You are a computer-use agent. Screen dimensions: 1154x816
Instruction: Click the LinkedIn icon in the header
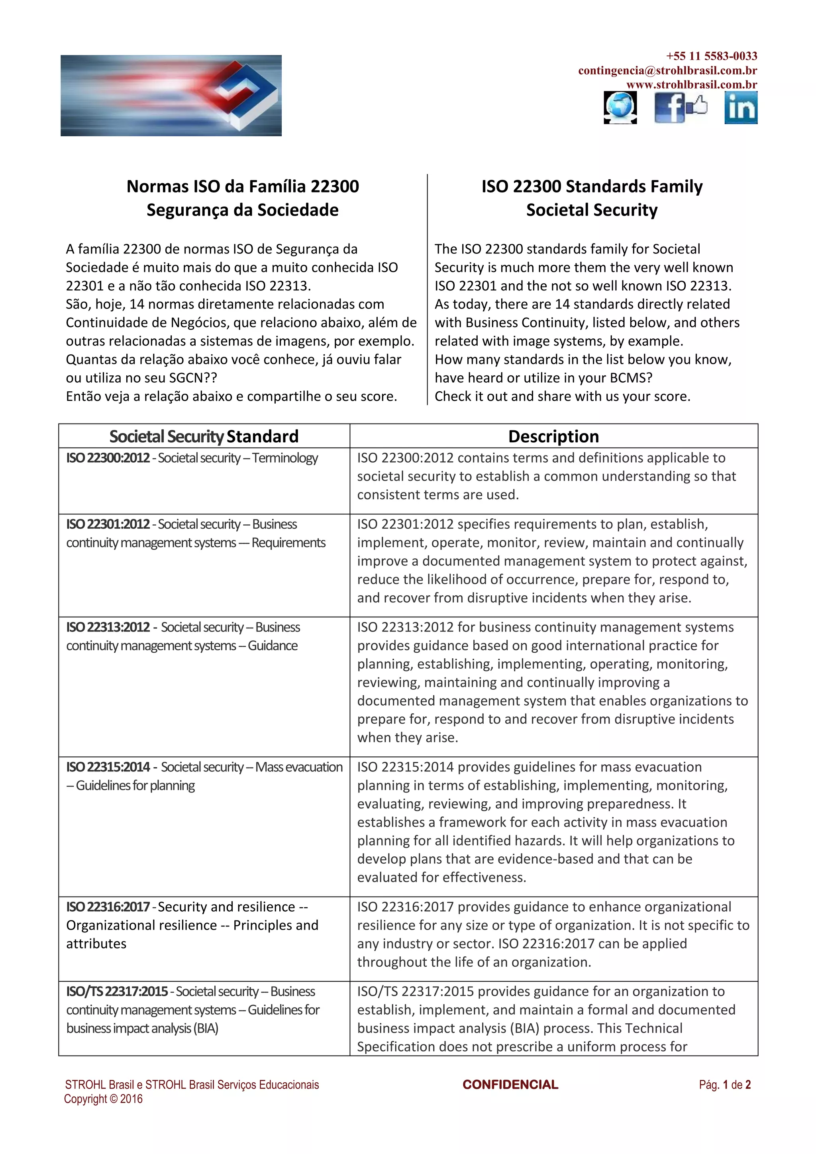[741, 108]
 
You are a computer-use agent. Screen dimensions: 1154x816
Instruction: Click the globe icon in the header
[620, 108]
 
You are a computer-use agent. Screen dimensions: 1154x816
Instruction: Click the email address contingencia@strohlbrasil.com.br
[667, 71]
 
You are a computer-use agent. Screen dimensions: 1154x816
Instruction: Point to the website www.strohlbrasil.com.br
[691, 84]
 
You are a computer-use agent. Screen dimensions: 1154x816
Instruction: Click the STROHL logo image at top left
[171, 96]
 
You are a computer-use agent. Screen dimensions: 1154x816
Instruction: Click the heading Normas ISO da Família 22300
[243, 186]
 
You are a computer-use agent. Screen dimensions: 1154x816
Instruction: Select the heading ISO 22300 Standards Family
[592, 186]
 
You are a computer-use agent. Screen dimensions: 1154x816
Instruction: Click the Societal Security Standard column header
[204, 436]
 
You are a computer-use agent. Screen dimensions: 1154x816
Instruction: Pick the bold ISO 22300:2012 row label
[108, 458]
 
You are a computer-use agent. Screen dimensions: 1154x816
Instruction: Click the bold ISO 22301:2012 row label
[108, 524]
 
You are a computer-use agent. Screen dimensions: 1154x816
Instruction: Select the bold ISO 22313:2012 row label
[108, 627]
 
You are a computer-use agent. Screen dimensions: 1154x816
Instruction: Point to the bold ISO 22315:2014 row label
[108, 767]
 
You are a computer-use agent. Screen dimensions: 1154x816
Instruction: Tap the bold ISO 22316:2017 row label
[108, 907]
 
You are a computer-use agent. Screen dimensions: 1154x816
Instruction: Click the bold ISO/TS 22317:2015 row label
[117, 991]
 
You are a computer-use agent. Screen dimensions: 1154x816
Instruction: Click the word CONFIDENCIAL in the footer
[510, 1084]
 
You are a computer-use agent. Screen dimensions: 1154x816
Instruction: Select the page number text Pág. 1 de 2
[724, 1085]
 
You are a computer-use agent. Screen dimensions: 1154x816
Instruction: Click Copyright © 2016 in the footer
[104, 1099]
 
